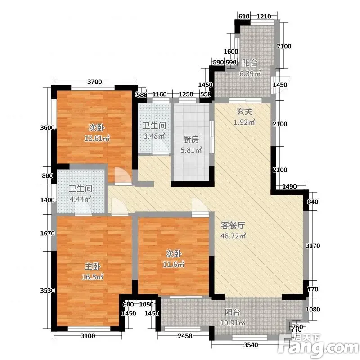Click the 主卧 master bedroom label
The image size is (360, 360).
click(x=93, y=266)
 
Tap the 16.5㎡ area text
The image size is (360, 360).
click(x=93, y=277)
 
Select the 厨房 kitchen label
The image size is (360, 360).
click(x=191, y=139)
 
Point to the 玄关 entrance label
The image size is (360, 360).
click(x=244, y=112)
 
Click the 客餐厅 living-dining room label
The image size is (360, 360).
click(x=233, y=225)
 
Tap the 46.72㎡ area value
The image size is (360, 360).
click(x=233, y=236)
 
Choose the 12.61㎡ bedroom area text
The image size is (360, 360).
click(x=97, y=138)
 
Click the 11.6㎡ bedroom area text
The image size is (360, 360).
click(x=174, y=264)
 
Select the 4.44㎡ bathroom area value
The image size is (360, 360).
click(x=81, y=199)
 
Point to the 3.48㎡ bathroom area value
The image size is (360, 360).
click(x=154, y=136)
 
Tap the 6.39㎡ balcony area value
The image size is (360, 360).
click(x=250, y=73)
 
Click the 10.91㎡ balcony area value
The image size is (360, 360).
click(x=233, y=323)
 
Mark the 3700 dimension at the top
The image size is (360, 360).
click(x=94, y=81)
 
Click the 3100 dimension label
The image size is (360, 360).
click(x=88, y=336)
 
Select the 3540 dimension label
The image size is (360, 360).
click(x=251, y=345)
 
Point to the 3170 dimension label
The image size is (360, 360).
click(x=313, y=246)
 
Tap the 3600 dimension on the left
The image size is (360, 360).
click(x=48, y=127)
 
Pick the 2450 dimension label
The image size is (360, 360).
click(x=185, y=336)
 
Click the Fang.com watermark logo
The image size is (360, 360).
click(x=318, y=346)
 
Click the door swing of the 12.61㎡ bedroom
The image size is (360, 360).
click(x=123, y=176)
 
